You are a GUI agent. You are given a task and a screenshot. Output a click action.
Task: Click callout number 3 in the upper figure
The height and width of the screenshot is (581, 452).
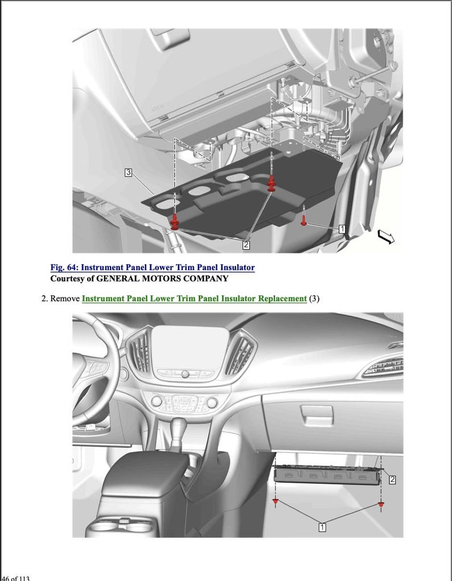(x=129, y=172)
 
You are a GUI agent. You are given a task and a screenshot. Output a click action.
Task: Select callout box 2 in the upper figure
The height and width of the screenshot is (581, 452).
(x=246, y=245)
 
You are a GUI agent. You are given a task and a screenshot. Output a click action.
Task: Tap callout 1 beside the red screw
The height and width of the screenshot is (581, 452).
(x=342, y=229)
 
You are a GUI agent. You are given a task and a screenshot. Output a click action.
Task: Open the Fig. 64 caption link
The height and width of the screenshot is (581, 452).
(x=152, y=267)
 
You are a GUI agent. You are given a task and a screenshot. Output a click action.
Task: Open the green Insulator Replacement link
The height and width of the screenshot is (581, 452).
(x=194, y=298)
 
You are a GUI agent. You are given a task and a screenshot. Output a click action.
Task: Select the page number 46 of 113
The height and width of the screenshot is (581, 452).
(x=15, y=578)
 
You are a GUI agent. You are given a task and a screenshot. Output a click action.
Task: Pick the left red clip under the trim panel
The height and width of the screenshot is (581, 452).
(x=276, y=502)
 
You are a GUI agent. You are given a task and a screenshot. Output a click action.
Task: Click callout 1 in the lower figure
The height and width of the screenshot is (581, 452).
(x=322, y=527)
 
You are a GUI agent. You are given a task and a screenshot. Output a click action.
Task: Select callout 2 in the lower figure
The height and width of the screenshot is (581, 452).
(x=392, y=480)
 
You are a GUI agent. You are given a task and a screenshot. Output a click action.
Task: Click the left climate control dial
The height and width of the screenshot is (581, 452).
(x=157, y=402)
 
